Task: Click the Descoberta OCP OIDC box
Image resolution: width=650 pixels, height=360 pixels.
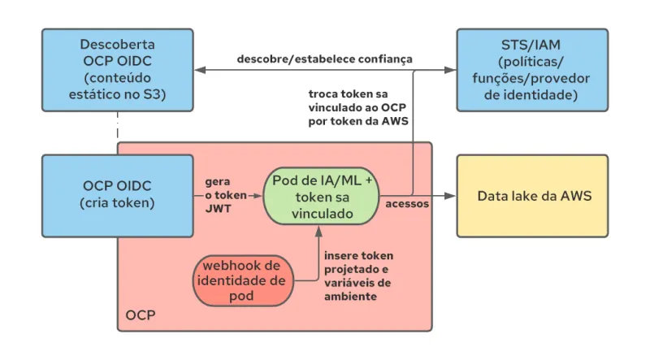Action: click(118, 70)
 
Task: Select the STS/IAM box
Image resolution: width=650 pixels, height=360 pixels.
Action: click(531, 70)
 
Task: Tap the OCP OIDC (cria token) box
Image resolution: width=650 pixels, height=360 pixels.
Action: click(118, 195)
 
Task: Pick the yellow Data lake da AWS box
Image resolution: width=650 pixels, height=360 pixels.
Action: click(531, 196)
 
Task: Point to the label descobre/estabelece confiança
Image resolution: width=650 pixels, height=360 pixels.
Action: click(324, 59)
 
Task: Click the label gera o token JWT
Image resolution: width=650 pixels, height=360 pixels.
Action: click(216, 196)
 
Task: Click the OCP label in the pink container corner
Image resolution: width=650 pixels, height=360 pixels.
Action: click(141, 314)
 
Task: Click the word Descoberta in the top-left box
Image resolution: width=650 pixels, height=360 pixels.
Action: click(118, 44)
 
